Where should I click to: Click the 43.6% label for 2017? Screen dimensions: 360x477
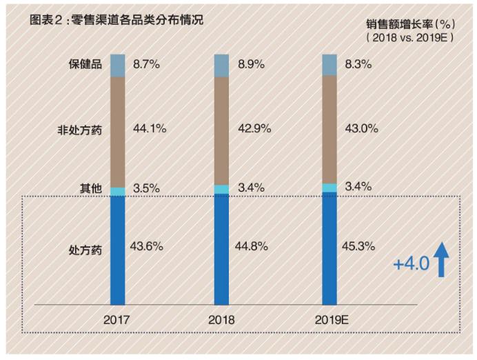(x=146, y=246)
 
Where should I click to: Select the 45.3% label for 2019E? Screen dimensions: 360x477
(x=358, y=246)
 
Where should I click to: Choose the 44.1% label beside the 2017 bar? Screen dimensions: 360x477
(x=146, y=128)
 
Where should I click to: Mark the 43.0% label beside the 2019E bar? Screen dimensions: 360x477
(x=358, y=128)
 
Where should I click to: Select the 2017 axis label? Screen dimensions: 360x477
(x=117, y=320)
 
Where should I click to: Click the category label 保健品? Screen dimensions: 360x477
(x=85, y=65)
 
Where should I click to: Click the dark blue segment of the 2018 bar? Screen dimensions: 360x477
(x=221, y=248)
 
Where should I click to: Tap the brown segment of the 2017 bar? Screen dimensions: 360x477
(x=117, y=131)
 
